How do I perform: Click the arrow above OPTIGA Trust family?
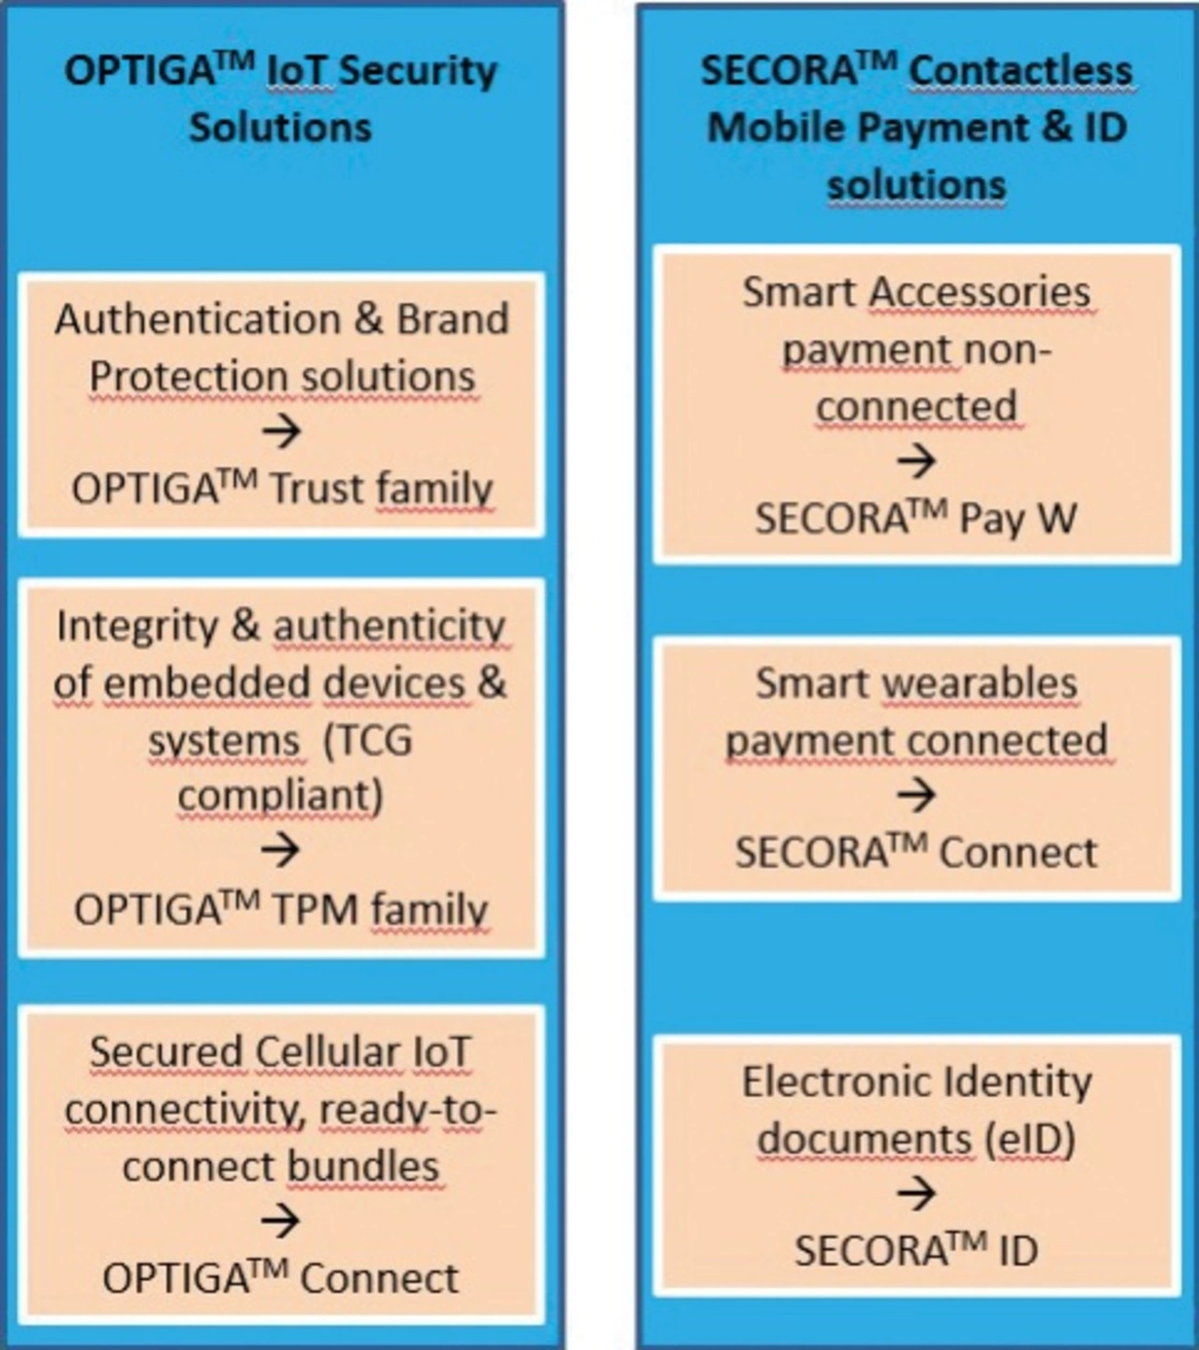(281, 432)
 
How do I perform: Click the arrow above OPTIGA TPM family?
(280, 849)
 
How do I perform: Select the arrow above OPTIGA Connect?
(280, 1221)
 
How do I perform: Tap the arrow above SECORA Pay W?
(916, 462)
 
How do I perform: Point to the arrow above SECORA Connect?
(916, 795)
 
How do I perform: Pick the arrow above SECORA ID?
(916, 1193)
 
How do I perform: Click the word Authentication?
(198, 319)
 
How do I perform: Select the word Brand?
(452, 319)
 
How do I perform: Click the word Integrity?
(138, 627)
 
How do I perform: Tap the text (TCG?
(367, 741)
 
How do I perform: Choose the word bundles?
(363, 1167)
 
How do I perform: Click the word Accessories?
(980, 292)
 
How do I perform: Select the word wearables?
(980, 683)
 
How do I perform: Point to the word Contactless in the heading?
(1021, 70)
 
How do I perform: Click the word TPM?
(318, 910)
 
